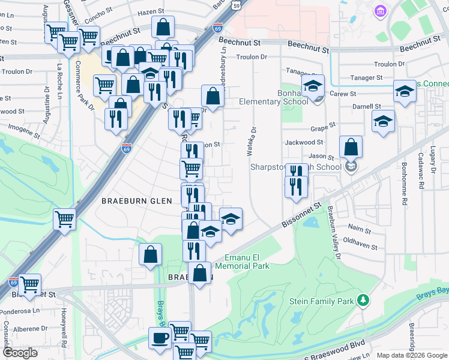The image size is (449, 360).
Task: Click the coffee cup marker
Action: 160,338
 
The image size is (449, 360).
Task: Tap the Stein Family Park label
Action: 321,301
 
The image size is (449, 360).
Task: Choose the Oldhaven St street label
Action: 360,243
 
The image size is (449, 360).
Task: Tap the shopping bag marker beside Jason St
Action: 351,146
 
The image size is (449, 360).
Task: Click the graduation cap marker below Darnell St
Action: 383,121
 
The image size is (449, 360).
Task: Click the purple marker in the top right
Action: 379,11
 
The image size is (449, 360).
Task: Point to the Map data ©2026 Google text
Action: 411,355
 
